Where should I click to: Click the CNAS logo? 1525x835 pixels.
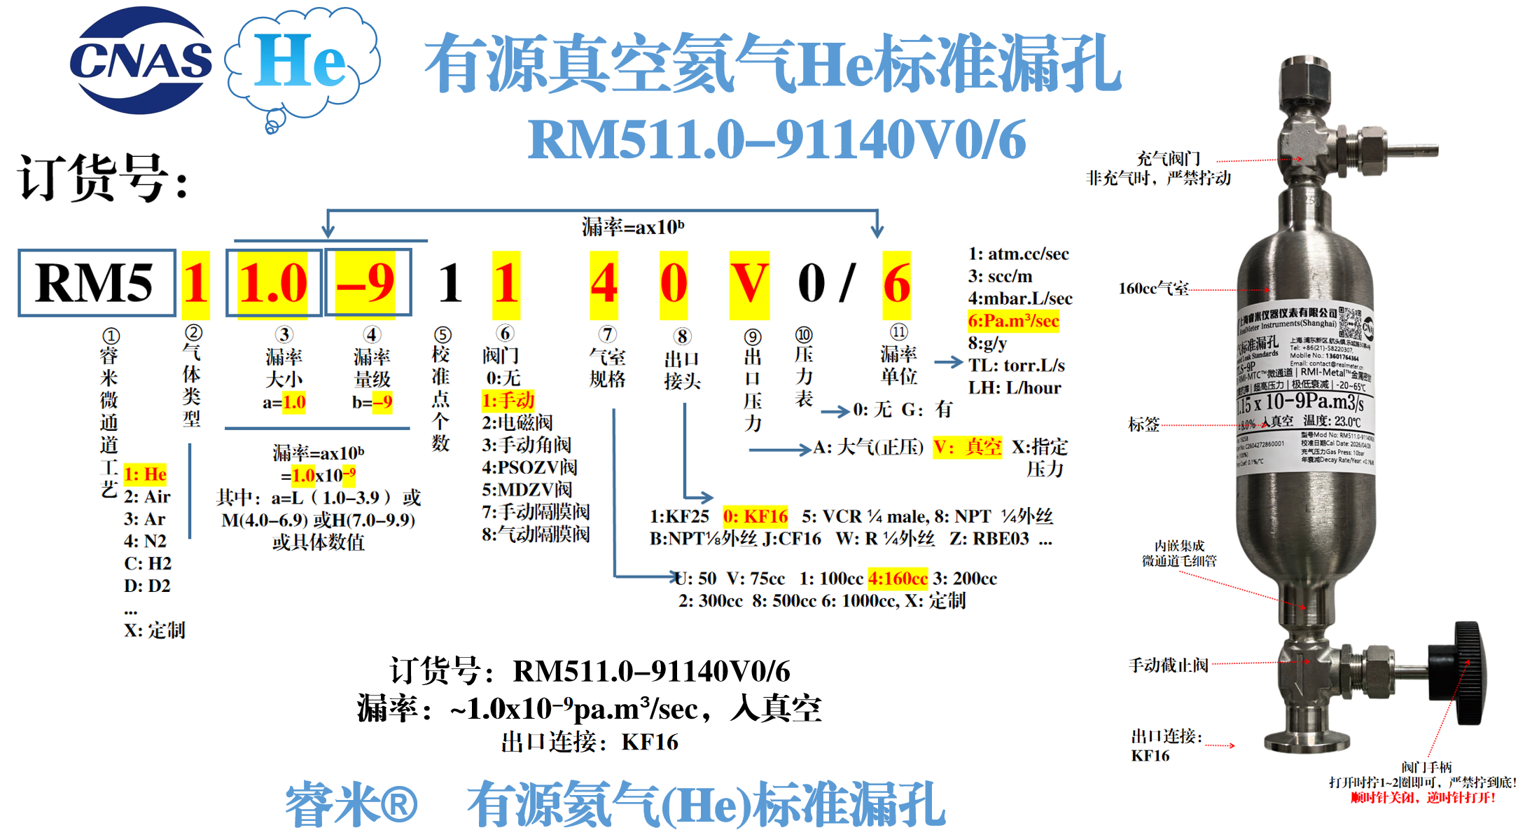point(140,61)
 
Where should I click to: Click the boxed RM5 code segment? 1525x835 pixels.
point(96,283)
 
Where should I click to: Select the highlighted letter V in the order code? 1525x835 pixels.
point(748,284)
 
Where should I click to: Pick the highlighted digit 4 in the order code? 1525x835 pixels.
point(604,284)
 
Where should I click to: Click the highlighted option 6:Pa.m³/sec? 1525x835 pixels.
point(1012,321)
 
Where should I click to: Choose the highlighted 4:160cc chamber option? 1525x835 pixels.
point(897,579)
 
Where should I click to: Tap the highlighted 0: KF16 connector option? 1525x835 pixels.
point(755,516)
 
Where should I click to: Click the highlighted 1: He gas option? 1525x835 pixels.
point(145,474)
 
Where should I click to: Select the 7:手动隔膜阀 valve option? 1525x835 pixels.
point(536,512)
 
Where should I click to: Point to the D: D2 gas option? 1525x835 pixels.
point(147,586)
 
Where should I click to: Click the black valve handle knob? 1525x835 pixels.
point(1464,673)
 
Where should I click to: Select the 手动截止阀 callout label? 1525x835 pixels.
point(1168,665)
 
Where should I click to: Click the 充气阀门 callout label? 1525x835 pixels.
point(1167,158)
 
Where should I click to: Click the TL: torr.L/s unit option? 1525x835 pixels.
point(1016,366)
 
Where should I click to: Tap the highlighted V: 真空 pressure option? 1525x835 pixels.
point(967,447)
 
